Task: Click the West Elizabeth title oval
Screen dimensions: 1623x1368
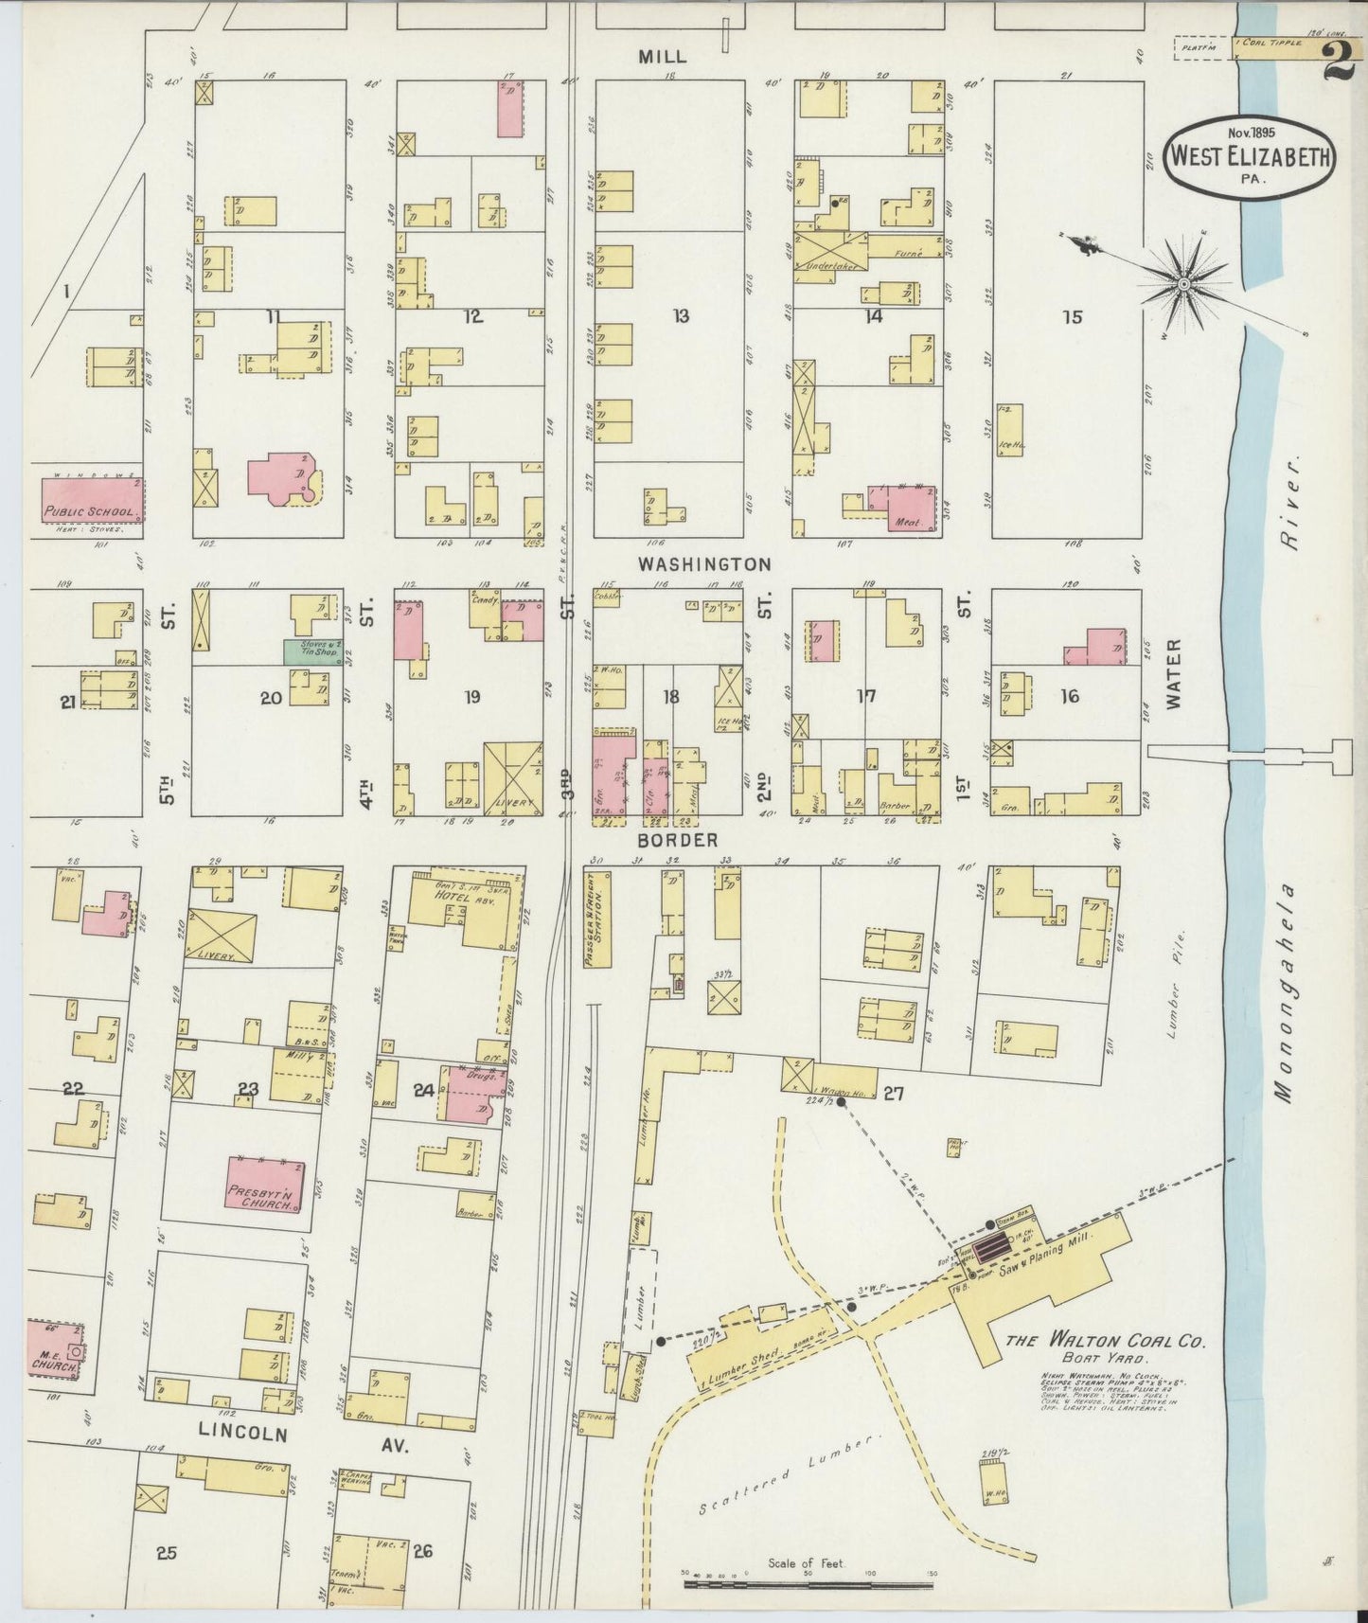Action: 1249,157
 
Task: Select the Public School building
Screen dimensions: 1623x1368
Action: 92,499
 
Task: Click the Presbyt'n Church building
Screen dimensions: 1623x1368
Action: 265,1183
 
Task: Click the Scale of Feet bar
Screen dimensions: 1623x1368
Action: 808,1582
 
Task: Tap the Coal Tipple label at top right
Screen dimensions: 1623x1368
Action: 1273,43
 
